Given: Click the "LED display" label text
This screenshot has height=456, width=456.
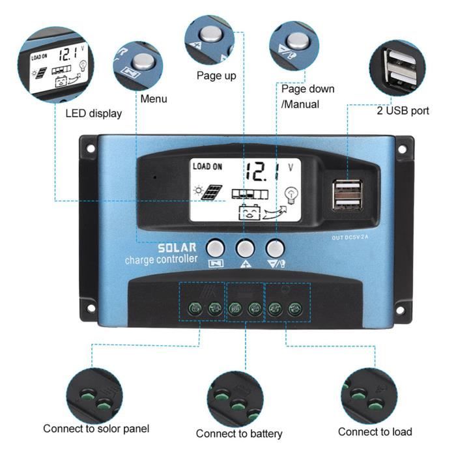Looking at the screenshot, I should tap(93, 113).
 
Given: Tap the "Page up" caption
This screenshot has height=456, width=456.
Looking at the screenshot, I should tap(216, 76).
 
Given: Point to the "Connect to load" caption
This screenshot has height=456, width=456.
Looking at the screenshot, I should tap(375, 431).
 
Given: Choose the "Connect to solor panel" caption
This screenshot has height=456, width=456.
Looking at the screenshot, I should tap(96, 429).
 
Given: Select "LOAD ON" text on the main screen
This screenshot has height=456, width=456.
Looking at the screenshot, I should tap(207, 167).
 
